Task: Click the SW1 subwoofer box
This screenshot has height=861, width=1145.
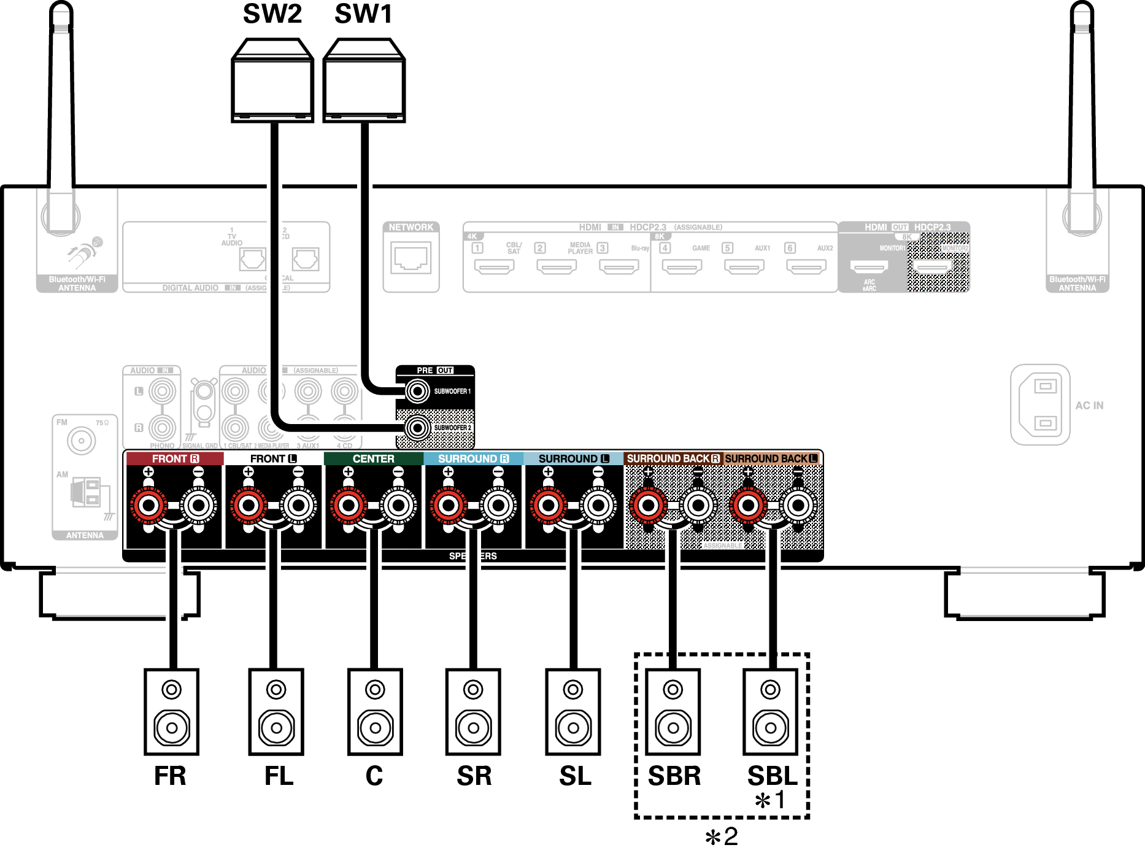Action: click(x=364, y=83)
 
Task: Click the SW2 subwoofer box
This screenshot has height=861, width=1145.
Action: click(x=272, y=83)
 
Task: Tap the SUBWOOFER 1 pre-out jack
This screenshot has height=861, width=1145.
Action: click(x=418, y=391)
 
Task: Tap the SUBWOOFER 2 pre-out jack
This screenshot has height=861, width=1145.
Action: click(x=418, y=428)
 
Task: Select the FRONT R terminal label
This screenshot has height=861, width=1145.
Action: click(x=175, y=458)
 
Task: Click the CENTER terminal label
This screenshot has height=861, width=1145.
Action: click(x=373, y=458)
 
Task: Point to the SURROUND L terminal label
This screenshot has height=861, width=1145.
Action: click(x=573, y=458)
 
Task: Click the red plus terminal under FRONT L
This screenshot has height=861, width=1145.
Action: click(x=249, y=506)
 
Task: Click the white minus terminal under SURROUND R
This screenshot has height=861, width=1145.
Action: click(x=498, y=506)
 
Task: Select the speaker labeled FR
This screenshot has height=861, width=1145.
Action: click(x=172, y=712)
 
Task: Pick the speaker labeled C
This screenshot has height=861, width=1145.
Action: click(x=375, y=712)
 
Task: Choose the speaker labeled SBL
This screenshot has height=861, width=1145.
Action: click(x=771, y=712)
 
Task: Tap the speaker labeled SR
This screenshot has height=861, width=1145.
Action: click(x=473, y=712)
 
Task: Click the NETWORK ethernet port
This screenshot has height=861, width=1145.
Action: click(x=411, y=258)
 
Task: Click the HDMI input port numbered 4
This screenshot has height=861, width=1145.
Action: click(x=682, y=267)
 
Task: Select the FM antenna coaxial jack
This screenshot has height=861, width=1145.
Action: click(x=82, y=441)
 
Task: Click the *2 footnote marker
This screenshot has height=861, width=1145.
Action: click(x=722, y=837)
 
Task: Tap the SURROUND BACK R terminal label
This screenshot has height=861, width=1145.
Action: click(x=673, y=458)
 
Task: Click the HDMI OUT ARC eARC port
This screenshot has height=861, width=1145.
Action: click(x=869, y=267)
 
